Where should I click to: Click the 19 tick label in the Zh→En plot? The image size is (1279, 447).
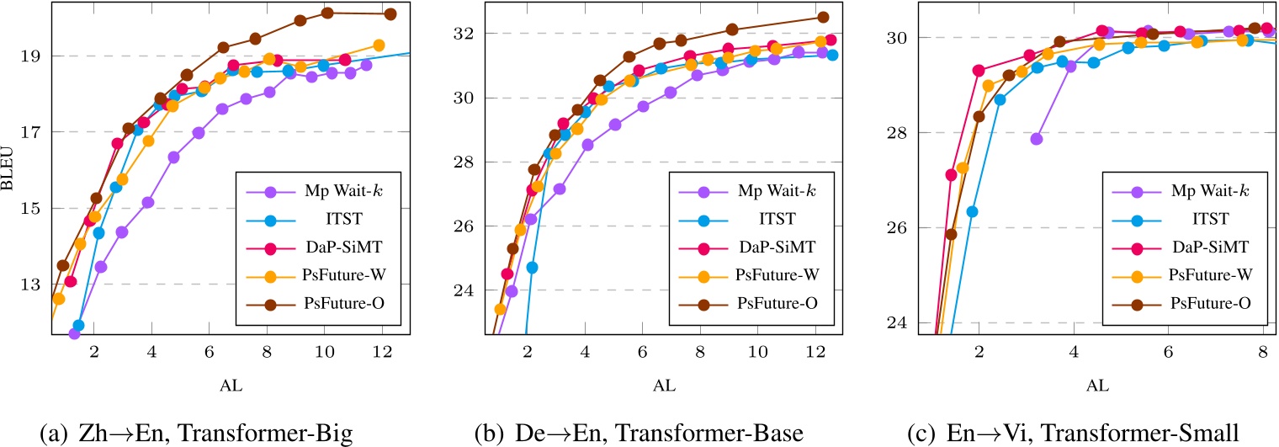pyautogui.click(x=30, y=56)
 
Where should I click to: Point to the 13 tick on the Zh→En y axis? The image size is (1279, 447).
pyautogui.click(x=30, y=284)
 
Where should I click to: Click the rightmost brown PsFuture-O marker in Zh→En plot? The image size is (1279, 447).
pyautogui.click(x=390, y=13)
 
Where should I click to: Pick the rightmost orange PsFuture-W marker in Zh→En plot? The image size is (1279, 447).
pyautogui.click(x=379, y=45)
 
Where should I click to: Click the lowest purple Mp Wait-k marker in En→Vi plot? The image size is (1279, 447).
pyautogui.click(x=1037, y=139)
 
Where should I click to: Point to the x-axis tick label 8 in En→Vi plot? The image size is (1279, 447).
pyautogui.click(x=1262, y=349)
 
